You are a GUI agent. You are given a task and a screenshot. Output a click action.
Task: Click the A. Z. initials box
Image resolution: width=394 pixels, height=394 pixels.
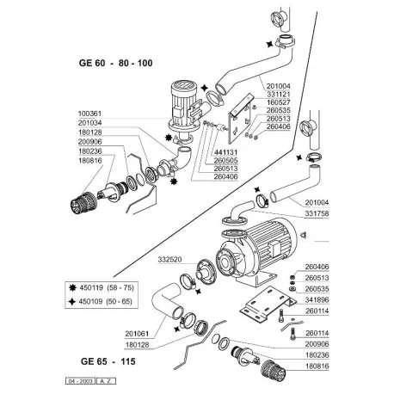[102, 379]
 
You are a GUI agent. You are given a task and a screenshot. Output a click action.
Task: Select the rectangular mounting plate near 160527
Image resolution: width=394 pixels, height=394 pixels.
[237, 120]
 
